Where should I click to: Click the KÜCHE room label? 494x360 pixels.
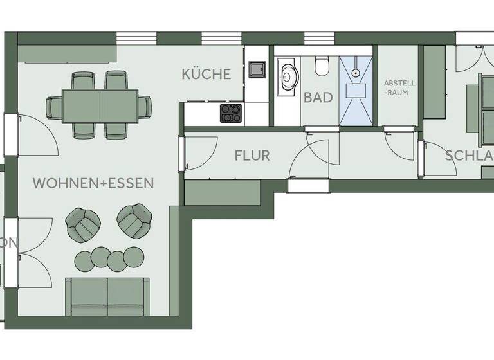[x=206, y=74]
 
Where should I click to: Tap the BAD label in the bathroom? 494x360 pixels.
[x=318, y=98]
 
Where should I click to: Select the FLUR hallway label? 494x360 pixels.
[x=252, y=156]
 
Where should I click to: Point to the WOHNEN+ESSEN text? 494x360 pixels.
[x=93, y=183]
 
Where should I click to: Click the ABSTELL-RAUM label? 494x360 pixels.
[x=399, y=87]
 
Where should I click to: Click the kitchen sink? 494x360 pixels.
[x=257, y=69]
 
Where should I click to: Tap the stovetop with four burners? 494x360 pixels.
[x=231, y=113]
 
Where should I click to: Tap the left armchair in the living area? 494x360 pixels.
[x=84, y=222]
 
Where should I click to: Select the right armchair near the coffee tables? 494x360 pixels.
[x=135, y=220]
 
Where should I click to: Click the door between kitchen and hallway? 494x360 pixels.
[x=199, y=152]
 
